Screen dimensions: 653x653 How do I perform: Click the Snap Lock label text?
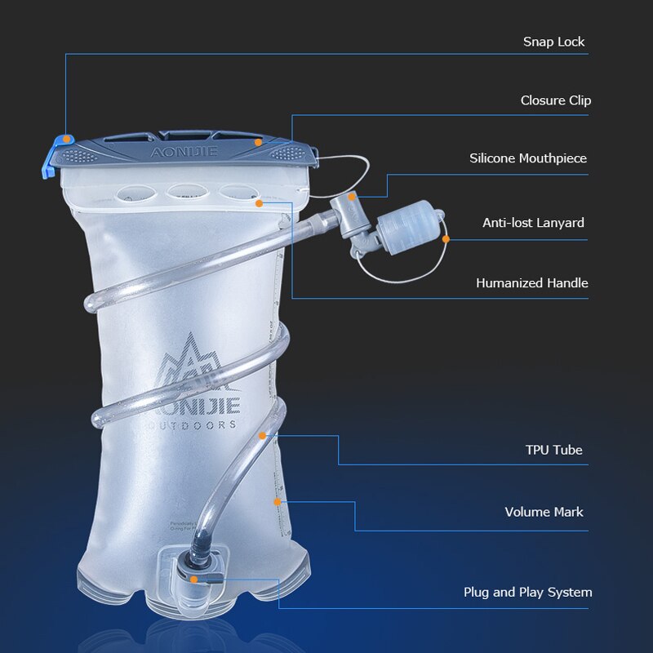coord(554,42)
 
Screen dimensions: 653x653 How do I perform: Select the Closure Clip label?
coord(556,100)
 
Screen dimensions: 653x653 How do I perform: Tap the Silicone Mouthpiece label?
coord(528,158)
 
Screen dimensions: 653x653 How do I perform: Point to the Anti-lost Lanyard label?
coord(533,222)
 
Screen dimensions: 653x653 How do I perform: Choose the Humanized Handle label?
coord(532,283)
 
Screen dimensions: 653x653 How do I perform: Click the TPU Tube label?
coord(554,450)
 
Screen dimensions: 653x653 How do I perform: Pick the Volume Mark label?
coord(544,512)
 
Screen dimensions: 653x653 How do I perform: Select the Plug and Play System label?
coord(528,592)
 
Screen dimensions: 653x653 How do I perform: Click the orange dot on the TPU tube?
coord(262,436)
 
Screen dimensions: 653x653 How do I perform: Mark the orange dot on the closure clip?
coord(258,142)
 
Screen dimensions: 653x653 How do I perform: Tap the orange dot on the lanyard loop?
coord(446,239)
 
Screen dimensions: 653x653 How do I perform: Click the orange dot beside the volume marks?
coord(278,500)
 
